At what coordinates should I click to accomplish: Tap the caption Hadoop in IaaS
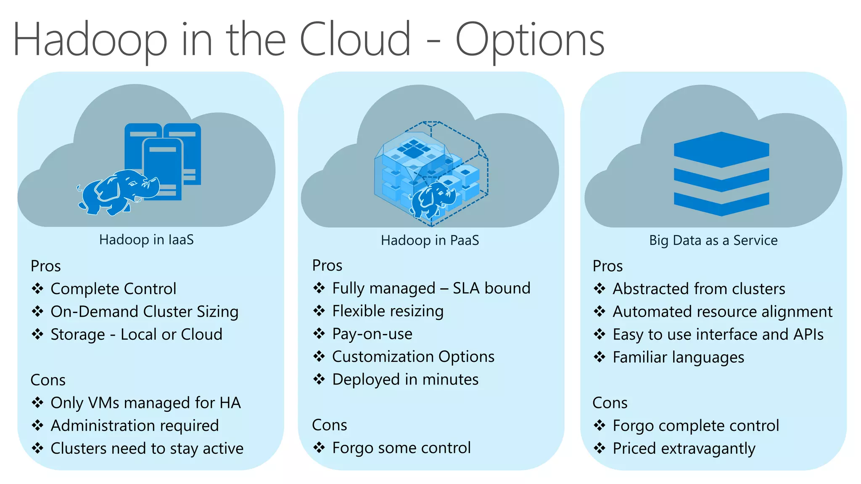(x=146, y=239)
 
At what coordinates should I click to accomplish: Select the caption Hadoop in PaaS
(x=430, y=240)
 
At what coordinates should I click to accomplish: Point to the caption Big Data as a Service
(x=713, y=240)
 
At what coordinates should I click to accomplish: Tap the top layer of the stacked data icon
(x=721, y=149)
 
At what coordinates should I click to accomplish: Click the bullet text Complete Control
(x=113, y=289)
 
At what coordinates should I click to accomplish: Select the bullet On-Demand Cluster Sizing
(x=144, y=311)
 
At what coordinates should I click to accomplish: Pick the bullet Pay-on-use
(x=372, y=334)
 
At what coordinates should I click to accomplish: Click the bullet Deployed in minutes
(x=405, y=379)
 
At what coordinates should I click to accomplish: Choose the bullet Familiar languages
(x=678, y=357)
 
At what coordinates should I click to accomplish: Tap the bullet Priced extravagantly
(x=684, y=448)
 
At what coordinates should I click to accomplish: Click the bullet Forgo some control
(x=401, y=448)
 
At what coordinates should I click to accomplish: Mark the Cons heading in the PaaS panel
(x=329, y=425)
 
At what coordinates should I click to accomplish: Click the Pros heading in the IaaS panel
(x=45, y=266)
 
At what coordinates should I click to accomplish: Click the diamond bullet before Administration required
(x=38, y=425)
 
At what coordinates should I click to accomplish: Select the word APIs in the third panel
(x=808, y=334)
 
